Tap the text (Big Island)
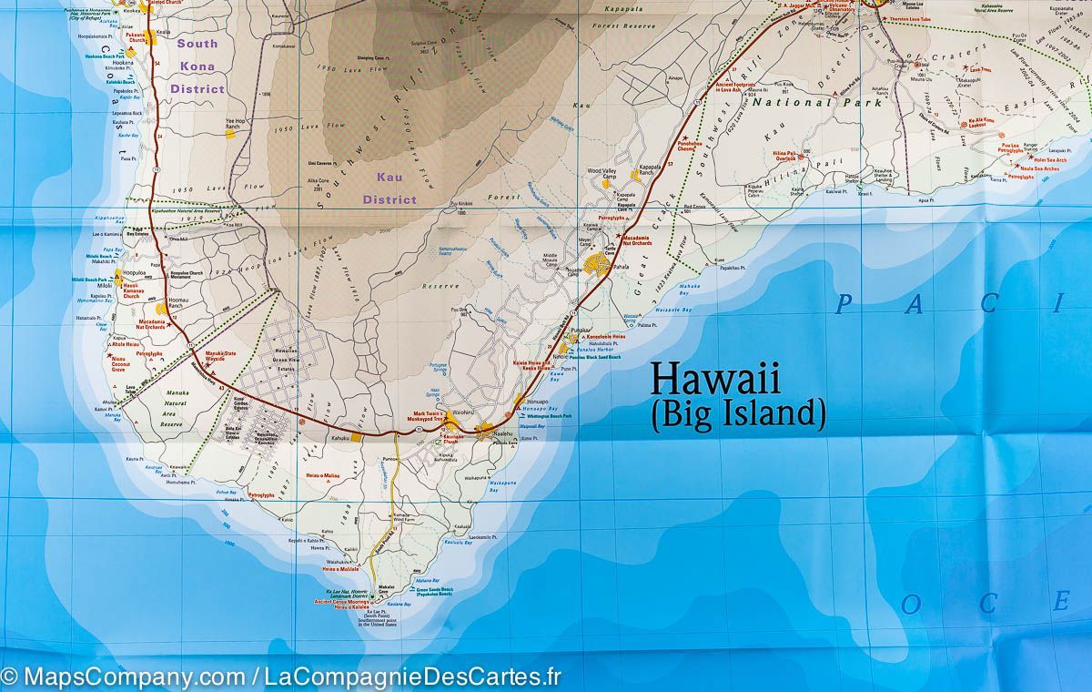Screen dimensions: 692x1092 [738, 413]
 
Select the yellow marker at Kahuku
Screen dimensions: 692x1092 [358, 436]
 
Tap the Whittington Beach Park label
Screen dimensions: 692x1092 [547, 416]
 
